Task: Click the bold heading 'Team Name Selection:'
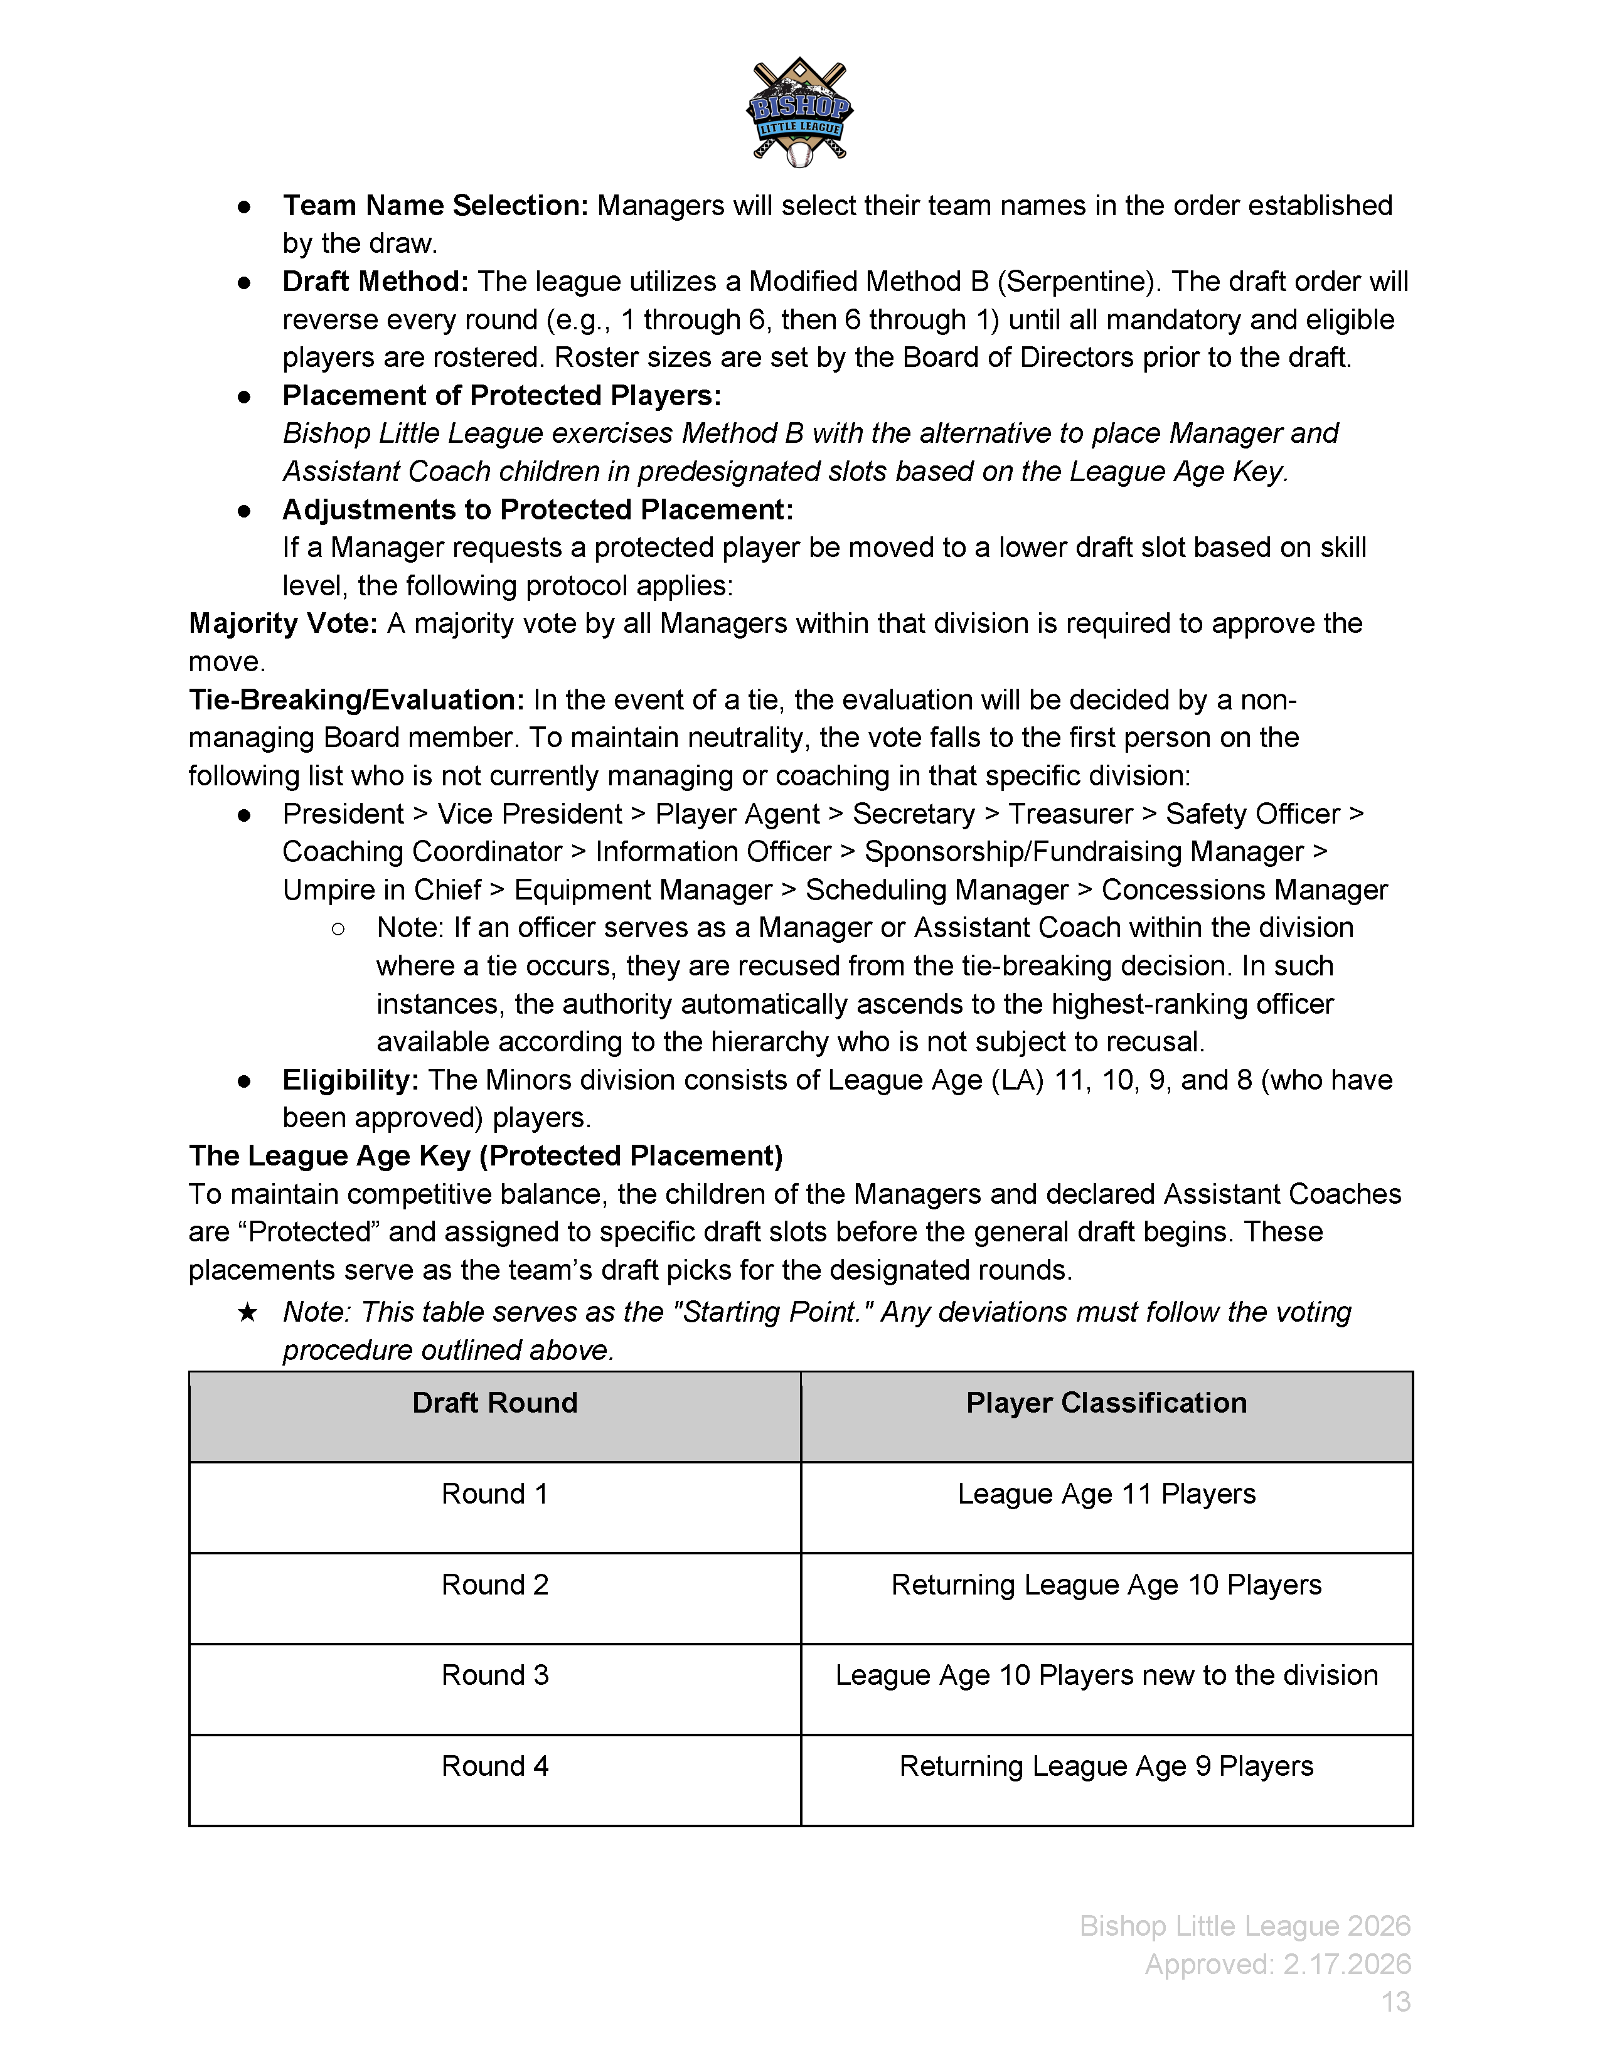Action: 435,206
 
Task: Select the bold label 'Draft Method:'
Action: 375,282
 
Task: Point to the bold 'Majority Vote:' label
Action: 284,624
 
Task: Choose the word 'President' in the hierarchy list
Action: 343,814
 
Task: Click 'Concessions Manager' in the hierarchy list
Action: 1244,890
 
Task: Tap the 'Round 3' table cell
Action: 495,1675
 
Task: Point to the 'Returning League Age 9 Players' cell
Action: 1106,1766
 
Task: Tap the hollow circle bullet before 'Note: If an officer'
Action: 338,929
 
